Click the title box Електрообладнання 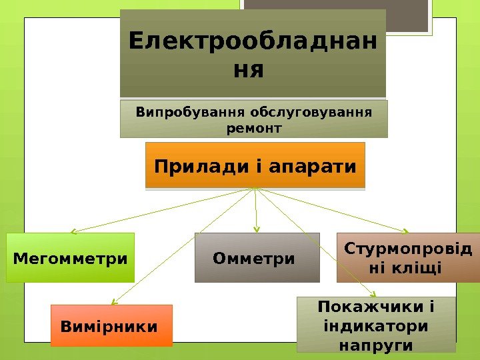click(253, 53)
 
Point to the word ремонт click(254, 127)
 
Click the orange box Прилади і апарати click(255, 165)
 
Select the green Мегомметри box click(70, 257)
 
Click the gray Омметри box click(257, 257)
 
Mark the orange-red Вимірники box click(111, 327)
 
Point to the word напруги click(375, 345)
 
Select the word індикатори click(375, 327)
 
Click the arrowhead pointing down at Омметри click(257, 230)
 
